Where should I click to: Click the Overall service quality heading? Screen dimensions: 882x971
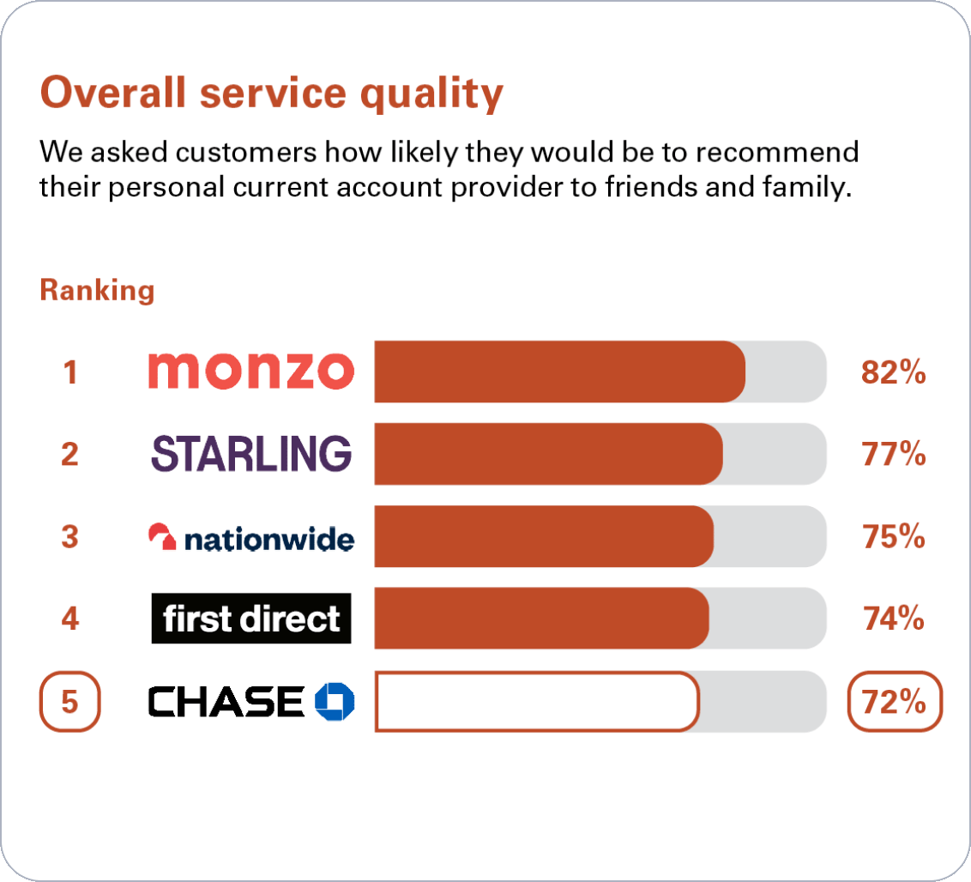pos(271,94)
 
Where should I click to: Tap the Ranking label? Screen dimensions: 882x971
pos(97,290)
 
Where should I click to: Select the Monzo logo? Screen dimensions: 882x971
pos(250,372)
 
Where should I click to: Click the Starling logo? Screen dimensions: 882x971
pos(251,453)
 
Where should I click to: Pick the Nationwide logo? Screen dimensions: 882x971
pos(250,537)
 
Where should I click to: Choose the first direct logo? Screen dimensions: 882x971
pos(251,619)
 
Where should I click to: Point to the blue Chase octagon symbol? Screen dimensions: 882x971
pos(335,701)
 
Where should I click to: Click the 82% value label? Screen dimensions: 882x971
pos(893,372)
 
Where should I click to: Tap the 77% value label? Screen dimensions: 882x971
pos(893,454)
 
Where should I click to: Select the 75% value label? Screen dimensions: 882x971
pos(893,536)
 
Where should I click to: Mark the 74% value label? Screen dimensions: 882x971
pos(893,618)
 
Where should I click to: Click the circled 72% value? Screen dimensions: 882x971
pos(894,702)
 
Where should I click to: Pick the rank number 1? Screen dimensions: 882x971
pos(69,372)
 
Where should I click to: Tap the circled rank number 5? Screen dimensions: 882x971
pos(70,702)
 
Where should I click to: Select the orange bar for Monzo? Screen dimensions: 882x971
pos(559,372)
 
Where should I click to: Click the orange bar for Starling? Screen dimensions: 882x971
pos(548,454)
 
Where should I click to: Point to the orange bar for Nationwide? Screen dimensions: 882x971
pos(544,536)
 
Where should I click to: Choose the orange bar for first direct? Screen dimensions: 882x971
pos(541,618)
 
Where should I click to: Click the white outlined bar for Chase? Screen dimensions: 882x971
pos(537,701)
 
